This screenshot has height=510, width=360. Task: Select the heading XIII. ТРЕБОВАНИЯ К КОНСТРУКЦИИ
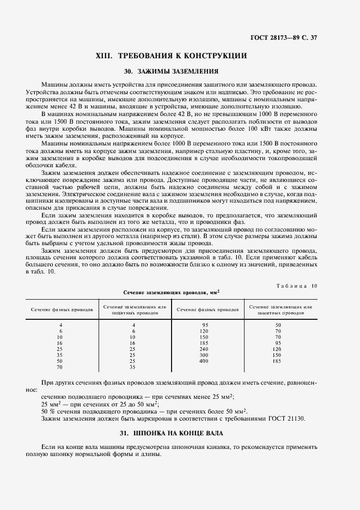pyautogui.click(x=172, y=56)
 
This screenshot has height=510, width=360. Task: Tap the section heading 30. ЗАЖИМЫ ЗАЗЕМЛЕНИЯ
pyautogui.click(x=172, y=71)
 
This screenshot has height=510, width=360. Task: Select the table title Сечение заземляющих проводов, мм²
pyautogui.click(x=172, y=292)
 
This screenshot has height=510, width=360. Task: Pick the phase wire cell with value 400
pyautogui.click(x=204, y=361)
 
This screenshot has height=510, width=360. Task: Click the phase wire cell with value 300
pyautogui.click(x=204, y=354)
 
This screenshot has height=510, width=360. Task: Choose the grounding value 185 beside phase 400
pyautogui.click(x=277, y=361)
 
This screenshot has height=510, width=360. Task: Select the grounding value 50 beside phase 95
pyautogui.click(x=277, y=325)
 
